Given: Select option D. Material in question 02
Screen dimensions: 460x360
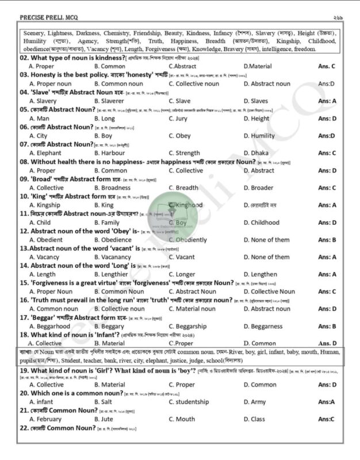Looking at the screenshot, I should [x=258, y=67].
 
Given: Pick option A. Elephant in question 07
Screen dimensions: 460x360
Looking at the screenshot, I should [x=45, y=153].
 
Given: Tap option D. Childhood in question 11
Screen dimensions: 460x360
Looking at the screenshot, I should [x=262, y=223].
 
